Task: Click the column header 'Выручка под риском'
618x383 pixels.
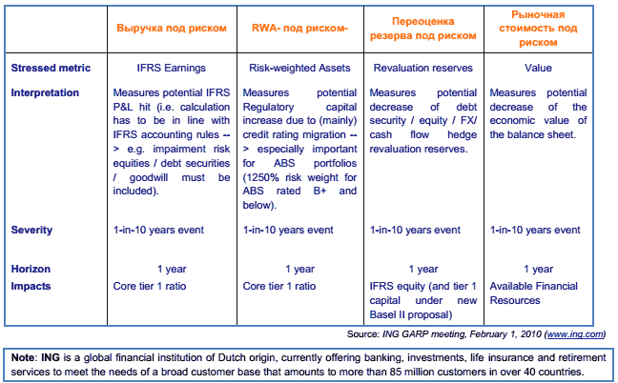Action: pos(172,29)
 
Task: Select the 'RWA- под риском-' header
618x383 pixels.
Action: pos(299,29)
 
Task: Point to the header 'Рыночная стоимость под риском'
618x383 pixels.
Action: pos(537,29)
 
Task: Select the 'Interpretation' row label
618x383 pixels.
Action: pos(47,92)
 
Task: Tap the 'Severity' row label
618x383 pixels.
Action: pos(32,231)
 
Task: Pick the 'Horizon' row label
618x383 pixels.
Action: pos(31,269)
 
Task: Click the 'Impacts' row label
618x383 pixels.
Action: pos(32,285)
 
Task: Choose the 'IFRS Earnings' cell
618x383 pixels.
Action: pos(172,69)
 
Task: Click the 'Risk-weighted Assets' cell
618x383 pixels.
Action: pos(299,69)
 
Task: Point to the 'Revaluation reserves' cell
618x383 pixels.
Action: pos(422,69)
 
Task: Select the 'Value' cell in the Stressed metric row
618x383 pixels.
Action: pos(538,69)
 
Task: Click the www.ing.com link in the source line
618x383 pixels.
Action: pos(576,334)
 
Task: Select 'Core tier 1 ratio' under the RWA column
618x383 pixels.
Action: pos(280,285)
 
